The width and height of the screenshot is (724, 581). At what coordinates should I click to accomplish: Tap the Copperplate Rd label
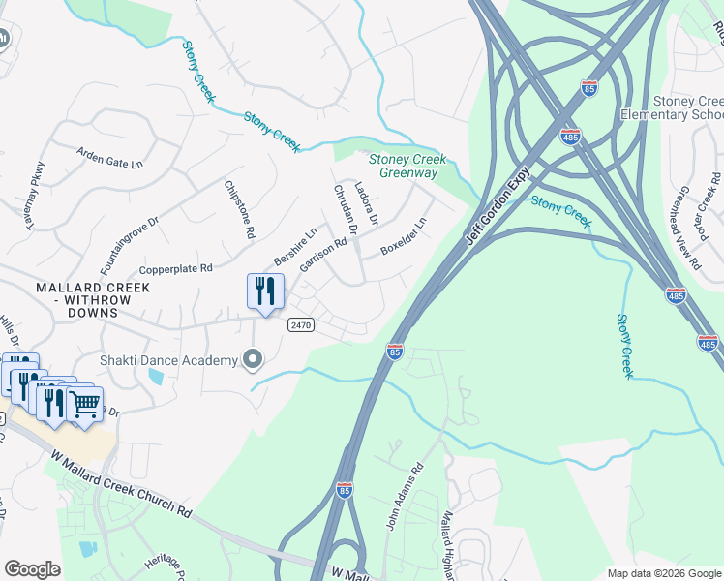coord(175,268)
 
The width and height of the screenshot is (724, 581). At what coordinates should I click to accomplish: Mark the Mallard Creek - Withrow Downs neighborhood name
coord(93,294)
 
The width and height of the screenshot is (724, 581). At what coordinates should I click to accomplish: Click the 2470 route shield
coord(300,325)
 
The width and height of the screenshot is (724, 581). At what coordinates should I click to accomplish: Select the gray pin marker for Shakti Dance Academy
coord(254,360)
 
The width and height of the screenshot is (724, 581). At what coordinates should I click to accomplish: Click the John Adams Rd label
coord(405,495)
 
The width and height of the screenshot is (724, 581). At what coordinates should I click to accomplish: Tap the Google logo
coord(32,569)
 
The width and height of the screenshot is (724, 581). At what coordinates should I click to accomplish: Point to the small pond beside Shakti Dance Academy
coord(156,378)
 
